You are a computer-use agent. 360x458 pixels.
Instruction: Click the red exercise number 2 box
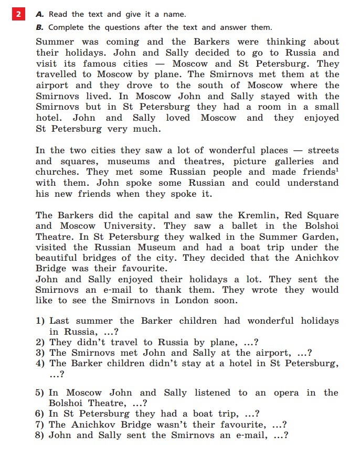18,14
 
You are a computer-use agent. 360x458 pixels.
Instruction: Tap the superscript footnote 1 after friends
337,170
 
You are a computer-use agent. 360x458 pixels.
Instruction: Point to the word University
130,226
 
